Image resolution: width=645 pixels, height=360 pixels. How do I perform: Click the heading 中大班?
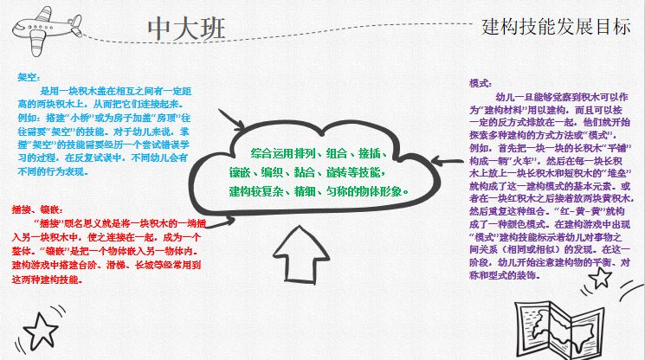[x=187, y=28]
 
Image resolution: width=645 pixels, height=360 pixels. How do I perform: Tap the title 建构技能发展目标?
[x=556, y=26]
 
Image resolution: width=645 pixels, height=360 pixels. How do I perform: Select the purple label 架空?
[x=28, y=77]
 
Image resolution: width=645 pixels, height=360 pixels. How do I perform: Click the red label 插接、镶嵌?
[x=36, y=209]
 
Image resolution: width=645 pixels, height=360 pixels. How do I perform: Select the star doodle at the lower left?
[x=38, y=329]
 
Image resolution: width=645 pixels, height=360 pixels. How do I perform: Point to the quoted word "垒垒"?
[x=618, y=172]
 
